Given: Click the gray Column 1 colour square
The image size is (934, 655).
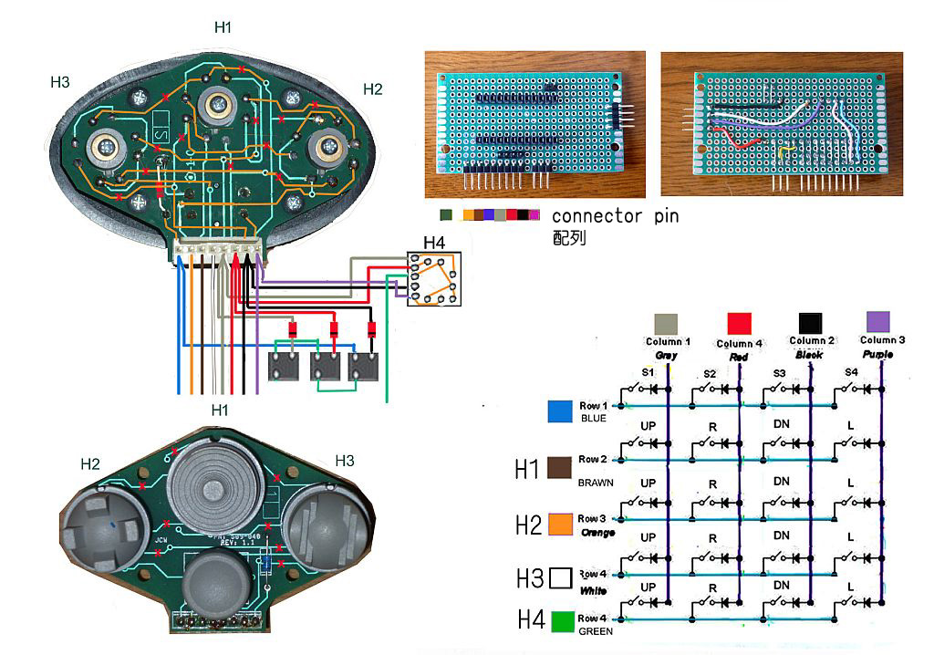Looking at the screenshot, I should pos(667,325).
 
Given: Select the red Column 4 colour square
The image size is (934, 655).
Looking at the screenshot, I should pos(740,324).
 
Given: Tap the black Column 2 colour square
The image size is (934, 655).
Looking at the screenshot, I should pos(811,324).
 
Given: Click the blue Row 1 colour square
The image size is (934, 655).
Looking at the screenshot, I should pos(559,411).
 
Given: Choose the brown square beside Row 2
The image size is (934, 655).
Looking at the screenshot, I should pos(559,468).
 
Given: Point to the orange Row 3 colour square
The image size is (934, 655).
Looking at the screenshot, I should pos(560,524).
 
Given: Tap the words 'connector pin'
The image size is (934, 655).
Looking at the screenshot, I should pos(615,217).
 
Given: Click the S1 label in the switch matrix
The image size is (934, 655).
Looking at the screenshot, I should pos(648,373).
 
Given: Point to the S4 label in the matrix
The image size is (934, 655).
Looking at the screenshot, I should pos(851,372).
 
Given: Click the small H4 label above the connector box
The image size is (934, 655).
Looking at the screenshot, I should pos(434,244).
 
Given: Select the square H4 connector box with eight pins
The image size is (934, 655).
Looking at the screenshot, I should pos(434,279).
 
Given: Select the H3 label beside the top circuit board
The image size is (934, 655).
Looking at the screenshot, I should pos(60,82).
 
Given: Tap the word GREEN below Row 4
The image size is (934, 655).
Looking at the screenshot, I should pos(597,631).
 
